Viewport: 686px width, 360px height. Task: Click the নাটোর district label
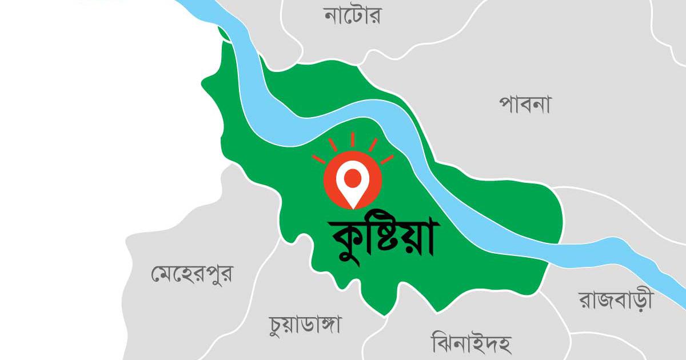[x=352, y=16]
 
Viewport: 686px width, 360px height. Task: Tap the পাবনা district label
[x=524, y=105]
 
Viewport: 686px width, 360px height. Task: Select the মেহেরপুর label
[x=192, y=274]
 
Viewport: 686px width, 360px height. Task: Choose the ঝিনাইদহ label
[x=470, y=343]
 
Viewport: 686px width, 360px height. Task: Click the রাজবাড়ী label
[x=615, y=300]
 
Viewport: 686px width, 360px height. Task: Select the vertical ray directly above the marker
[x=352, y=139]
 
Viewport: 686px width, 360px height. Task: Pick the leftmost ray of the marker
[x=318, y=159]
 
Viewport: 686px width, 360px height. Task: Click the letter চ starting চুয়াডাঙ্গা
[x=277, y=325]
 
